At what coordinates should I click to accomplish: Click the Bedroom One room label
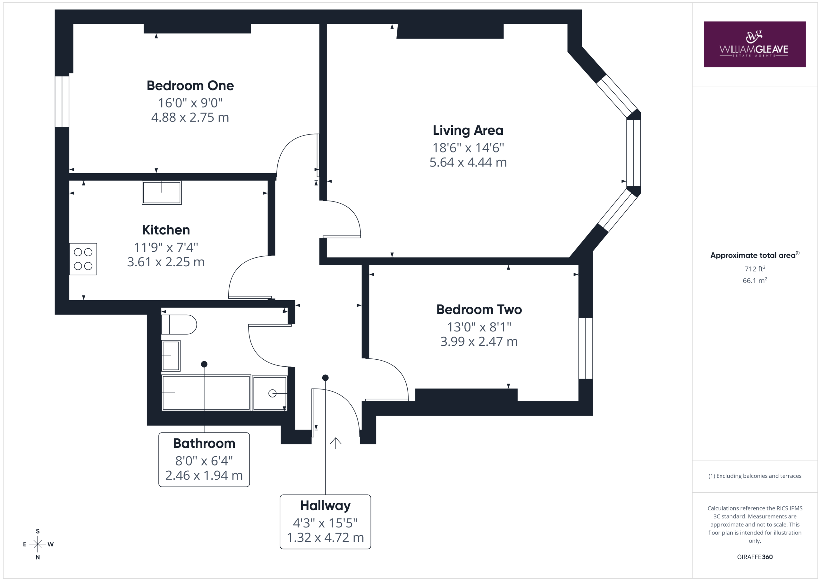click(x=190, y=86)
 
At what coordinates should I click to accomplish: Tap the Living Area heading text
click(x=468, y=130)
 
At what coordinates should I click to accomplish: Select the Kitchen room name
click(x=166, y=230)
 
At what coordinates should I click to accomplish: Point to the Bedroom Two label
click(x=479, y=310)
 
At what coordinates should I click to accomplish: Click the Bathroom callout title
click(x=204, y=443)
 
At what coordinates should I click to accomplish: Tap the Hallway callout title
click(x=326, y=506)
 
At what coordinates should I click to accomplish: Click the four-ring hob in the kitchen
click(x=83, y=259)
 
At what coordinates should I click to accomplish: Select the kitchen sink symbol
click(x=162, y=192)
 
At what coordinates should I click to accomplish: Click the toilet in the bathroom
click(x=179, y=324)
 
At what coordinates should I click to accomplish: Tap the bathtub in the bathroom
click(x=206, y=392)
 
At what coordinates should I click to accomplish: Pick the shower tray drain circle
click(x=273, y=394)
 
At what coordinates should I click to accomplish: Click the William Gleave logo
click(x=755, y=44)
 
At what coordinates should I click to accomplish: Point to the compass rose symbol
click(x=38, y=544)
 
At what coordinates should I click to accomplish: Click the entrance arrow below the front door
click(x=335, y=443)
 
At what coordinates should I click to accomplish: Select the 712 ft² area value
click(x=755, y=269)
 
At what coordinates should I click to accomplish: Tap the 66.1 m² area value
click(x=755, y=280)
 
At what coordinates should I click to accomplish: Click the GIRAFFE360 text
click(x=755, y=557)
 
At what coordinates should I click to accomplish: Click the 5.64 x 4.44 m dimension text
click(x=468, y=162)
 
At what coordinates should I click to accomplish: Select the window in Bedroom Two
click(x=586, y=348)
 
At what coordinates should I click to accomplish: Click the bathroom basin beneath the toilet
click(x=171, y=355)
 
